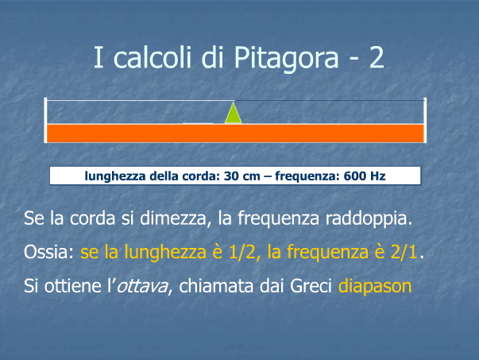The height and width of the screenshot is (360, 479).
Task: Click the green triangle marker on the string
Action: click(234, 114)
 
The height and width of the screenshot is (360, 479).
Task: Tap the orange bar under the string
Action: click(235, 134)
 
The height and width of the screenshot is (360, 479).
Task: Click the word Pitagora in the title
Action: click(286, 58)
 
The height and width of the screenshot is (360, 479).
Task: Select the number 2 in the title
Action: click(377, 57)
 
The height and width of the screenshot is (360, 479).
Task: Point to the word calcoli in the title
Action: click(153, 57)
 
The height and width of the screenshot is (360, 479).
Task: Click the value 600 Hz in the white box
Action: click(365, 176)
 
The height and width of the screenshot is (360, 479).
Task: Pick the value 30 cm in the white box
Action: click(242, 176)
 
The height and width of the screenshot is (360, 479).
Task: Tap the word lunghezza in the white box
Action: click(115, 176)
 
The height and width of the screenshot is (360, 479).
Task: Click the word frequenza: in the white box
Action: click(307, 176)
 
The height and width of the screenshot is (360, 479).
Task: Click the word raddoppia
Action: click(369, 219)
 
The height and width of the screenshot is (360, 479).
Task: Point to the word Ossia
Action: click(47, 252)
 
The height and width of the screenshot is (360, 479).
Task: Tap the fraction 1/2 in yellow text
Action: click(242, 253)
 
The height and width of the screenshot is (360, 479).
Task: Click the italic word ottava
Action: click(142, 286)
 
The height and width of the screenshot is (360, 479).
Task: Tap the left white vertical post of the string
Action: click(45, 120)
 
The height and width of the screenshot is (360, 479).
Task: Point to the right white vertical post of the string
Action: click(425, 120)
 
